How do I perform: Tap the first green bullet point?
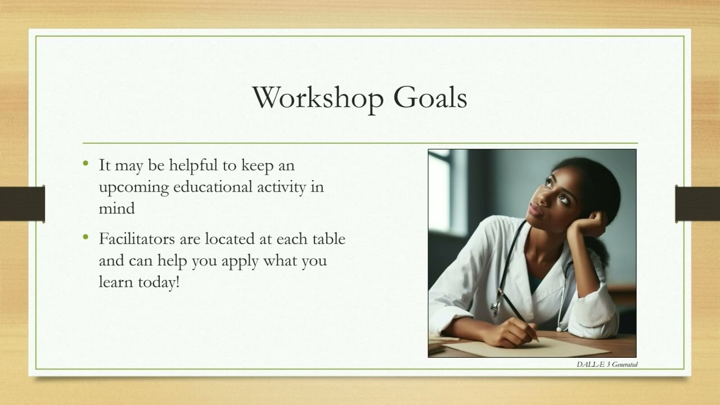85,164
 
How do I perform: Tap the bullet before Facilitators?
85,237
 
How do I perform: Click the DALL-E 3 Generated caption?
607,364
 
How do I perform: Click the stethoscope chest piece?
496,307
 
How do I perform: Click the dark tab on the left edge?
22,204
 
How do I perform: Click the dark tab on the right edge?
697,204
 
